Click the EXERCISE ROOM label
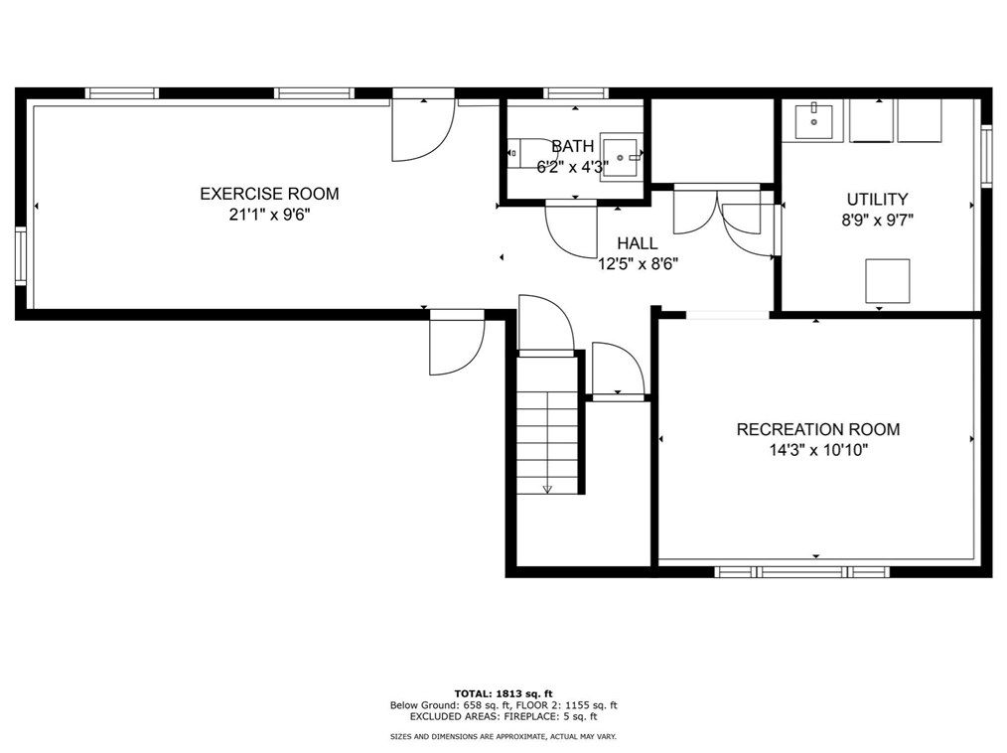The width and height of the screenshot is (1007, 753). [x=269, y=194]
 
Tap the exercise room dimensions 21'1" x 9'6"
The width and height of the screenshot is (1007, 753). [x=270, y=215]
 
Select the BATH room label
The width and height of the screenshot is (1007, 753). [x=573, y=146]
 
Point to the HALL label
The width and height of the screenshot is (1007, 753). [x=638, y=243]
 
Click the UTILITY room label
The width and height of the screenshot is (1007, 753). [x=877, y=199]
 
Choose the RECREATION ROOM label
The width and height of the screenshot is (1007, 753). [x=818, y=429]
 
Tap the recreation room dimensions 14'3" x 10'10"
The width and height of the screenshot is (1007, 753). [x=819, y=450]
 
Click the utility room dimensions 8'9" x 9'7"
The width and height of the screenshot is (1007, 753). [x=877, y=221]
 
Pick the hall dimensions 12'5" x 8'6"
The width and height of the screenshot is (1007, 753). [x=638, y=264]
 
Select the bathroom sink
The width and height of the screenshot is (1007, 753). [x=622, y=157]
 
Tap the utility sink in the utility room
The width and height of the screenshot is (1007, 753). [x=813, y=121]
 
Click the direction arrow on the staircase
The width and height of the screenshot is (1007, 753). [x=547, y=490]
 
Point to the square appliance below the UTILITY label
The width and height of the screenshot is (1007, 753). [x=888, y=281]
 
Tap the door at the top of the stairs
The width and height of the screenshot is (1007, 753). [x=546, y=325]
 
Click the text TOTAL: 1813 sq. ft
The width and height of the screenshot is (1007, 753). [x=503, y=693]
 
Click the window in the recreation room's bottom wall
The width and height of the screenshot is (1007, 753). [x=802, y=572]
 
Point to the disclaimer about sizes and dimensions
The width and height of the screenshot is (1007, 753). [x=503, y=737]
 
